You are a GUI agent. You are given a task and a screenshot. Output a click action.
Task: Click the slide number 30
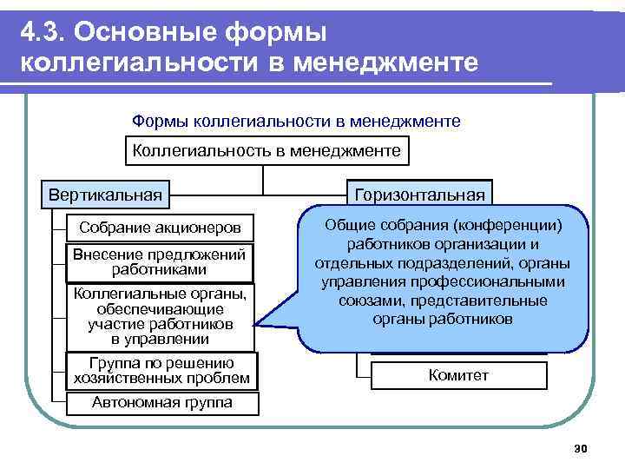(x=582, y=448)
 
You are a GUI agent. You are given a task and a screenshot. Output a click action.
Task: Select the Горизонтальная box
(x=420, y=195)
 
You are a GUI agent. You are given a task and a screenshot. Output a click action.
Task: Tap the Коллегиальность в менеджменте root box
(x=266, y=151)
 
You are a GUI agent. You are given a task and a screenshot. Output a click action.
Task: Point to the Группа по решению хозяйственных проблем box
(x=161, y=370)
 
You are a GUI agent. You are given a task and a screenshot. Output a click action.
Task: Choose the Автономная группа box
(x=162, y=402)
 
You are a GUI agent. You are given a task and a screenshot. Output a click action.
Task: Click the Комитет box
(x=459, y=375)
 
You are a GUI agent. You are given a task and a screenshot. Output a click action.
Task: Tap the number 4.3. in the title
(x=44, y=32)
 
